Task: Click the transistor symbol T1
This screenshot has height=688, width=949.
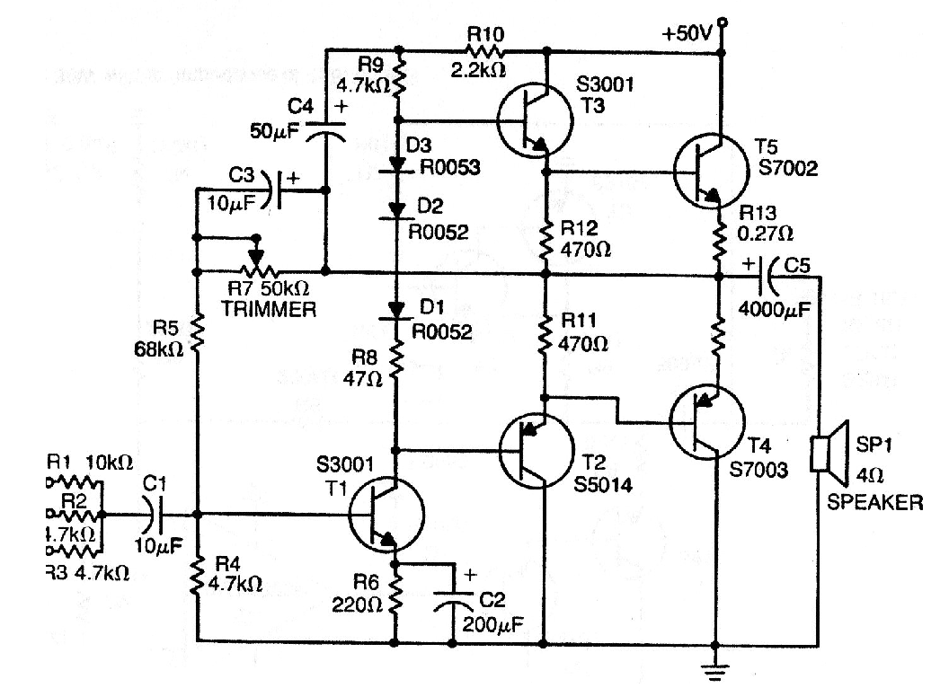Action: (x=386, y=515)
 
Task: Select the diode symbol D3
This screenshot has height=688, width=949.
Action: (x=397, y=165)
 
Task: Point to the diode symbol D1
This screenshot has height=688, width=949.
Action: (x=397, y=310)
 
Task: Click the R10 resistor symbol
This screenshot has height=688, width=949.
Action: (x=485, y=50)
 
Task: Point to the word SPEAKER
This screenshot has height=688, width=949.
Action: (x=874, y=503)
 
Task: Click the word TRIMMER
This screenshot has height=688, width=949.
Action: (x=270, y=311)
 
